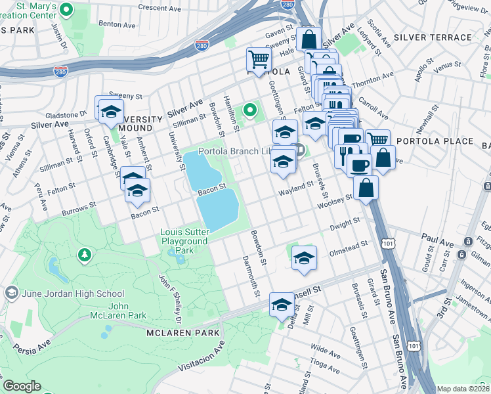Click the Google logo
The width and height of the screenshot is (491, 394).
22,386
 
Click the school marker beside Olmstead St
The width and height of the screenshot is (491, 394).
305,257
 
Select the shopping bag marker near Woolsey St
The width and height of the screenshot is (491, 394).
366,188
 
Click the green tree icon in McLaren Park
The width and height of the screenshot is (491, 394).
84,254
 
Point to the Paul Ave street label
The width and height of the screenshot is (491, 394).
438,242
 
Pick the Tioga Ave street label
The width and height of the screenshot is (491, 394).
324,362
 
